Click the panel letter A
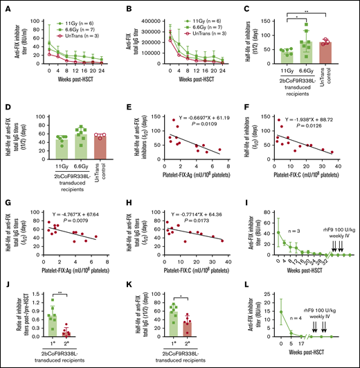pyautogui.click(x=5, y=6)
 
